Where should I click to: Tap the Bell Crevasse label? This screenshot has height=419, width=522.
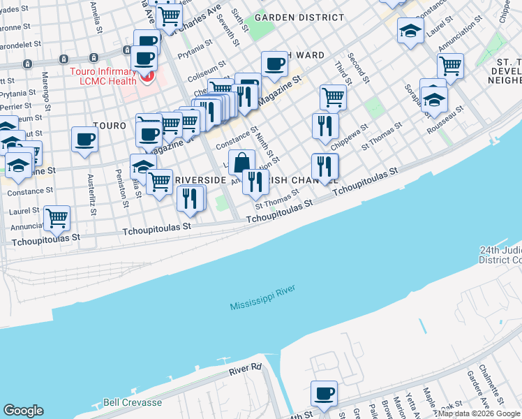point(132,403)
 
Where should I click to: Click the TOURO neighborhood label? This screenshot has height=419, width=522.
point(110,126)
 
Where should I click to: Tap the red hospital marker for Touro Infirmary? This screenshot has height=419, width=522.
point(147,75)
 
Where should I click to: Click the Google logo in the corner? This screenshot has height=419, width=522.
point(24,411)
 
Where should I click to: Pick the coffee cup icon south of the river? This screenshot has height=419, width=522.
point(324,394)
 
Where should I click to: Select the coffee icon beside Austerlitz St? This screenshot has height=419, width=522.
point(84,139)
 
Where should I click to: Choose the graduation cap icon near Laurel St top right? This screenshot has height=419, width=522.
point(410,30)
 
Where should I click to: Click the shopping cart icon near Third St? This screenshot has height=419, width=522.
point(334,97)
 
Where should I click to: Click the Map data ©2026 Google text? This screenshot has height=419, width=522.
point(478,413)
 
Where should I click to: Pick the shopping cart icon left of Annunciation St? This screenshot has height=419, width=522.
point(57,218)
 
